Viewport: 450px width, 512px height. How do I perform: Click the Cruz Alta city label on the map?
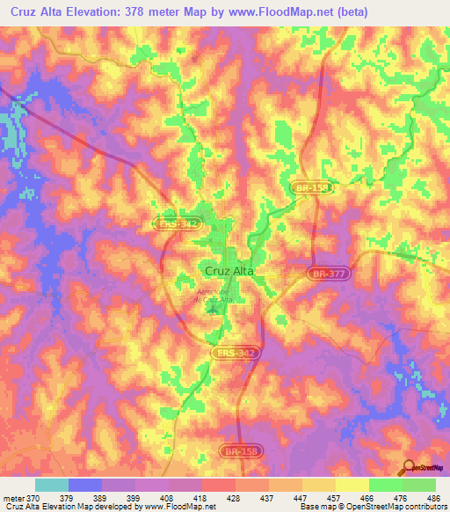click(229, 272)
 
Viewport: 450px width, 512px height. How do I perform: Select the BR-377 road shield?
click(324, 274)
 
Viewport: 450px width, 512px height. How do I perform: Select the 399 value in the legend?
click(134, 498)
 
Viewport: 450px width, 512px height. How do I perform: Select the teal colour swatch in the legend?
click(52, 485)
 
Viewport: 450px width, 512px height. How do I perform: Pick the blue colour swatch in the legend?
click(85, 485)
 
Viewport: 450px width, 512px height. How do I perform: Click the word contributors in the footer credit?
click(424, 507)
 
